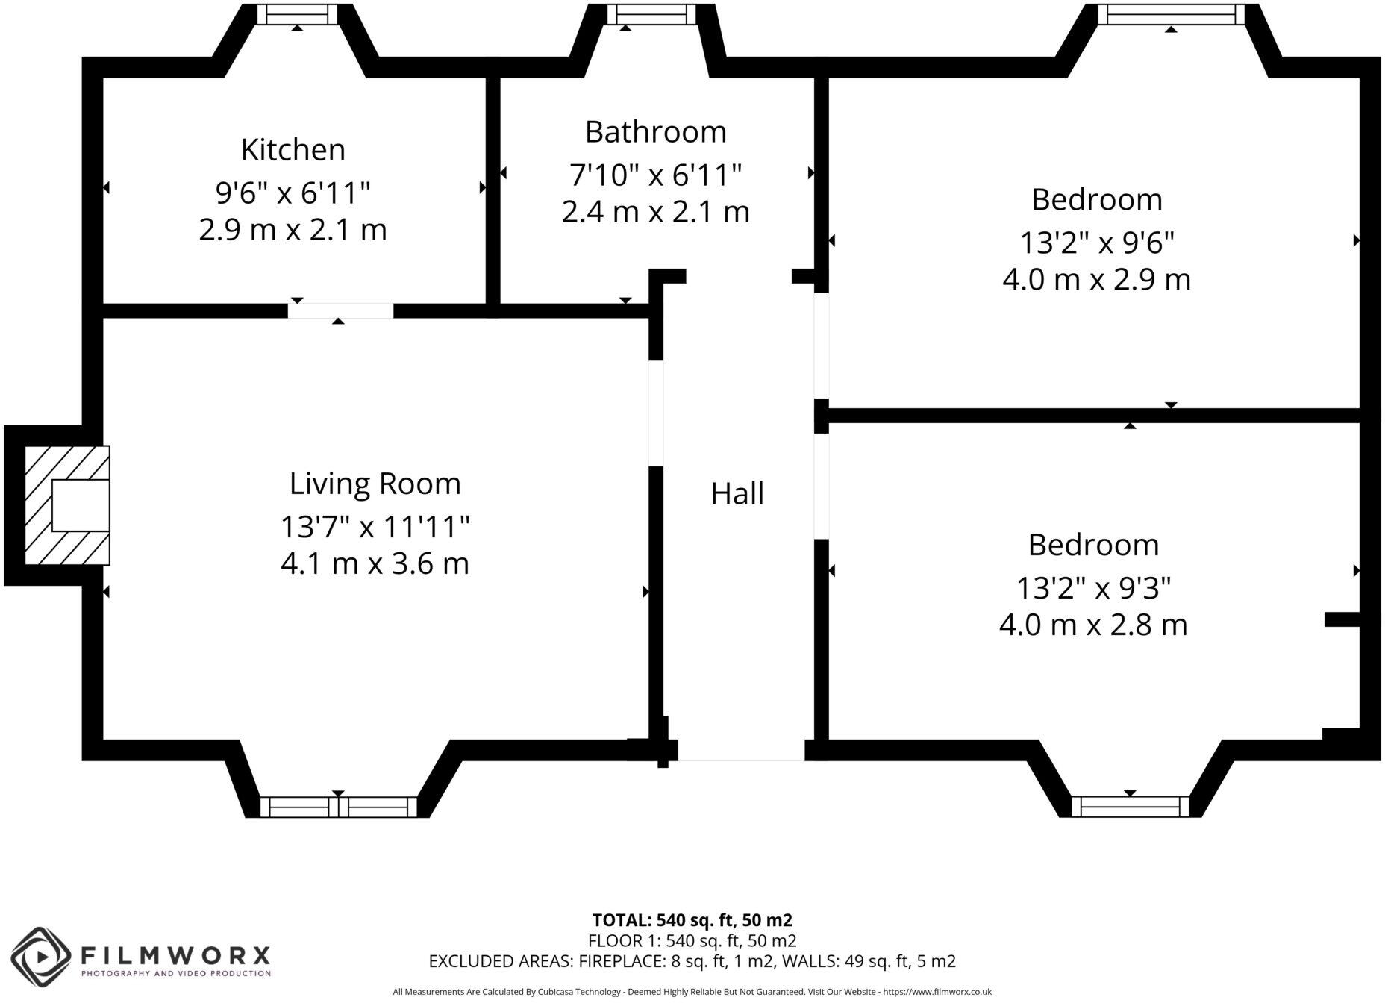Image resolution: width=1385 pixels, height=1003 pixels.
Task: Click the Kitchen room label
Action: [x=293, y=150]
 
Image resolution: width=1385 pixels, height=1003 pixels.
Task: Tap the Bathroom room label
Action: [x=655, y=132]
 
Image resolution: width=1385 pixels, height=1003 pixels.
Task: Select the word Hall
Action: [x=737, y=494]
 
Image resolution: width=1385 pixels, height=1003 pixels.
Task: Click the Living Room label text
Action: [x=375, y=484]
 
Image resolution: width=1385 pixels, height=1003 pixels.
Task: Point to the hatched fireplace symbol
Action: [x=67, y=505]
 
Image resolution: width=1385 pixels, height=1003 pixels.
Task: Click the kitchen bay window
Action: [x=296, y=14]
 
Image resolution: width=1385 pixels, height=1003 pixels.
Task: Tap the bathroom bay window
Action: [x=651, y=14]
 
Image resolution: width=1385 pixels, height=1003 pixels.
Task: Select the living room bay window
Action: [x=338, y=807]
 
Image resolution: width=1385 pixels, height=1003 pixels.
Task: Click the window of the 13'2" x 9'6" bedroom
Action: [x=1171, y=14]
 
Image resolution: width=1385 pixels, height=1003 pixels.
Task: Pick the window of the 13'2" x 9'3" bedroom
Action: [x=1130, y=807]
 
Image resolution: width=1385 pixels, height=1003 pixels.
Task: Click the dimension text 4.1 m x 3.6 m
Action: [x=375, y=563]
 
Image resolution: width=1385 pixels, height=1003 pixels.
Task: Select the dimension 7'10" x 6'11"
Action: [x=655, y=175]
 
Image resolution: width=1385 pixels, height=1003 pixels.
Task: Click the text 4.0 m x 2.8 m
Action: [x=1092, y=625]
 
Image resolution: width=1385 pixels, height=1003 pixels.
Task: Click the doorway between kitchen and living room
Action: [x=340, y=310]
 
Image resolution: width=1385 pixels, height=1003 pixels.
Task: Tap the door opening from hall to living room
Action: [x=655, y=413]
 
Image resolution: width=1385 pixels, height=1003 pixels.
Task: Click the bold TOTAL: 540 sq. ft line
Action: [x=692, y=919]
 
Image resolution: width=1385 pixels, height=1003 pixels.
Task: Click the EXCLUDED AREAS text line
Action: [x=692, y=961]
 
